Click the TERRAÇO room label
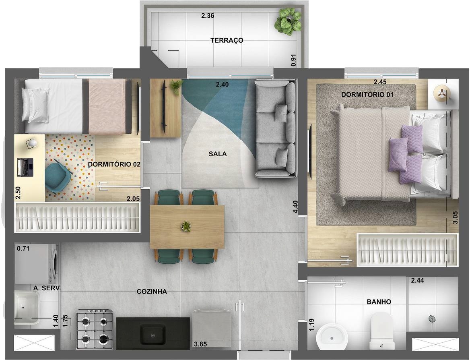coord(227,41)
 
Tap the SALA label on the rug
coord(218,154)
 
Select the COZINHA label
coord(152,292)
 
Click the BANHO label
coord(379,302)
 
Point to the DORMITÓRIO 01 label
coord(367,95)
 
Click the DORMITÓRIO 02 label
coord(114,164)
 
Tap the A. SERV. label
coord(47,289)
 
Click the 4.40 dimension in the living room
coord(295,207)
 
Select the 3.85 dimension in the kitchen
coord(200,344)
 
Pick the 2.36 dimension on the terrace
coord(207,16)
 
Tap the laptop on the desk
coord(25,167)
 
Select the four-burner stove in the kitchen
coord(95,329)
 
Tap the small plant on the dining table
coord(186,226)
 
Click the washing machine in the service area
coord(36,264)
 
